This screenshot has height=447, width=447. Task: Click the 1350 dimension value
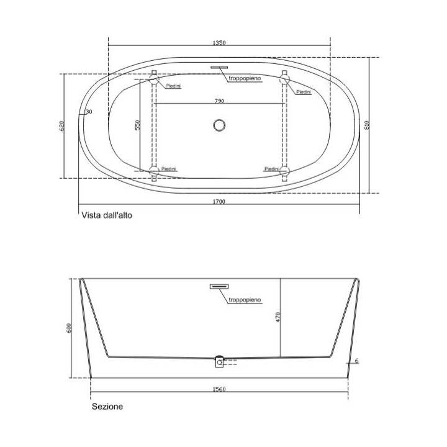(x=219, y=43)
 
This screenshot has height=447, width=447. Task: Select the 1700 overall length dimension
(x=219, y=202)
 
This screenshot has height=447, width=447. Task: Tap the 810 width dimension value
(x=367, y=125)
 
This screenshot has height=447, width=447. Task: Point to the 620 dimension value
(x=62, y=125)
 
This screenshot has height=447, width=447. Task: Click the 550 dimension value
(x=137, y=125)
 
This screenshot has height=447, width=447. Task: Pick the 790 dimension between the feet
(x=219, y=101)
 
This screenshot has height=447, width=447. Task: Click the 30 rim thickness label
(x=89, y=112)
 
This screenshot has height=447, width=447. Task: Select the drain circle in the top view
(x=219, y=125)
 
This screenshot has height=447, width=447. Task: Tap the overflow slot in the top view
(x=219, y=68)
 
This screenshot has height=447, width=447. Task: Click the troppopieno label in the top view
(x=245, y=78)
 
